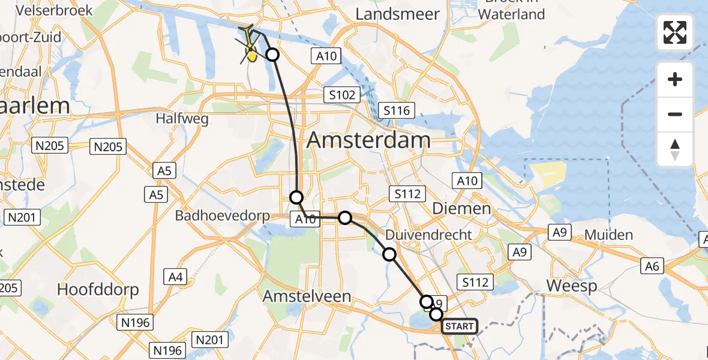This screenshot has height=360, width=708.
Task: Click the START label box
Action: pos(460,326)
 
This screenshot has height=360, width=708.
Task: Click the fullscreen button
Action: pos(675,32)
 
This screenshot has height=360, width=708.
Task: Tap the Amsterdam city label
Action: pos(368,140)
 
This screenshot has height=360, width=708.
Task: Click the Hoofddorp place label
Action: pos(98,290)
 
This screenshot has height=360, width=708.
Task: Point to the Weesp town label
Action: pos(572,286)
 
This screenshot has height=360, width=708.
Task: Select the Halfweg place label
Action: pos(182,119)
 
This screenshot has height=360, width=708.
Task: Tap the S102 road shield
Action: pos(342,95)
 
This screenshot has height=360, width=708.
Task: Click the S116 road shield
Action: pos(397,110)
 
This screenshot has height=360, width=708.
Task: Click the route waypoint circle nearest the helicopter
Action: pos(272,55)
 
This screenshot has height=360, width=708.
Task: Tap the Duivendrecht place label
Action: pos(428,235)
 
